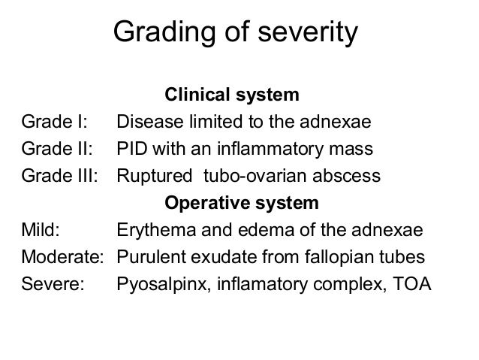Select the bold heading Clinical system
coord(231,96)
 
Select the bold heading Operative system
coord(241,204)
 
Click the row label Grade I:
coord(55,123)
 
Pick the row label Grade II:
coord(58,150)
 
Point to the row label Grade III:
coord(60,177)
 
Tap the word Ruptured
coord(151,177)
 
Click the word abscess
coord(350,177)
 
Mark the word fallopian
coord(339,258)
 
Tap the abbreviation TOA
coord(413,285)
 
